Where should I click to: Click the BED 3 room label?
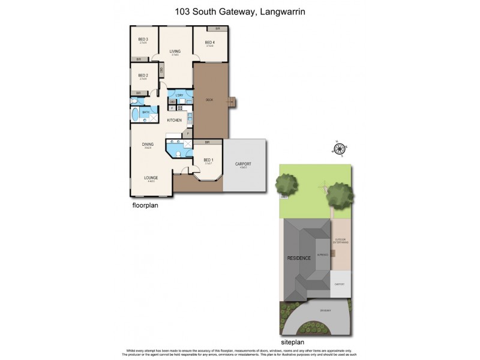click(x=143, y=40)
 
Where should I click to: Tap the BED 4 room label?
click(x=209, y=42)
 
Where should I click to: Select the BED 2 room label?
click(x=143, y=76)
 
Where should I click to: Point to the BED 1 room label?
click(x=208, y=160)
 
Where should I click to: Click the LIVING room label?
click(x=175, y=52)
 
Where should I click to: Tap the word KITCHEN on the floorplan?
click(x=175, y=121)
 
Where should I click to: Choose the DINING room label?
click(x=148, y=144)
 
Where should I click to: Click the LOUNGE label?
click(x=151, y=178)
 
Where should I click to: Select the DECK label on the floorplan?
click(x=209, y=100)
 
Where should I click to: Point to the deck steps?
click(x=232, y=101)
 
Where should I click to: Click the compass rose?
click(x=341, y=149)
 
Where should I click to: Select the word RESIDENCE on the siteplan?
click(x=298, y=258)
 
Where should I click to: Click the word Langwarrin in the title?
click(x=288, y=11)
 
